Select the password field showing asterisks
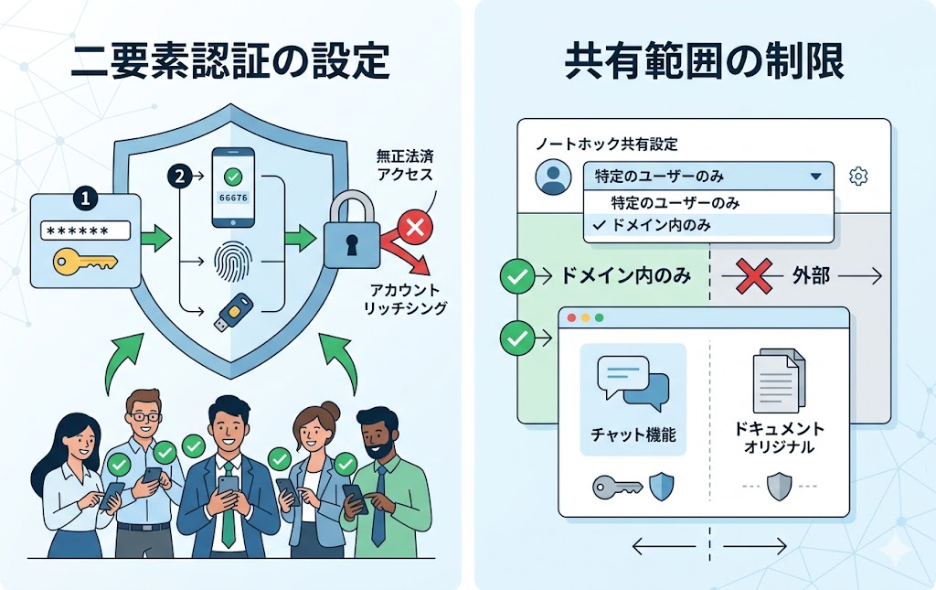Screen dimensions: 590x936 point(85,232)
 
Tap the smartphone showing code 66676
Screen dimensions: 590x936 point(233,188)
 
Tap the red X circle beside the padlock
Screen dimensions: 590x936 point(414,229)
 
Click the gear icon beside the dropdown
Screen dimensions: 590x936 point(858,177)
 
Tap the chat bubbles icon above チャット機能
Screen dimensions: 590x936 point(633,381)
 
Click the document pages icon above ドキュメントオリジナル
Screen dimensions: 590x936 point(779,381)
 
